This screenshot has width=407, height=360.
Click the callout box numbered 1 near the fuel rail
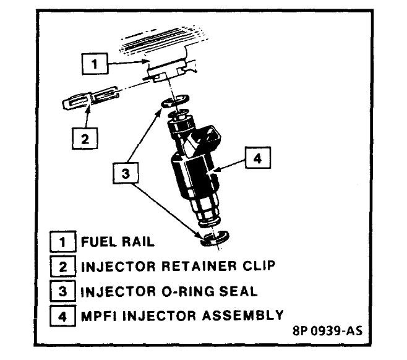[x=94, y=62]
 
